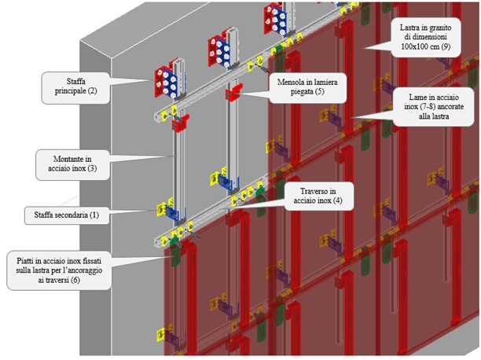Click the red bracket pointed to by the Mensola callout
pos(233,95)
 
